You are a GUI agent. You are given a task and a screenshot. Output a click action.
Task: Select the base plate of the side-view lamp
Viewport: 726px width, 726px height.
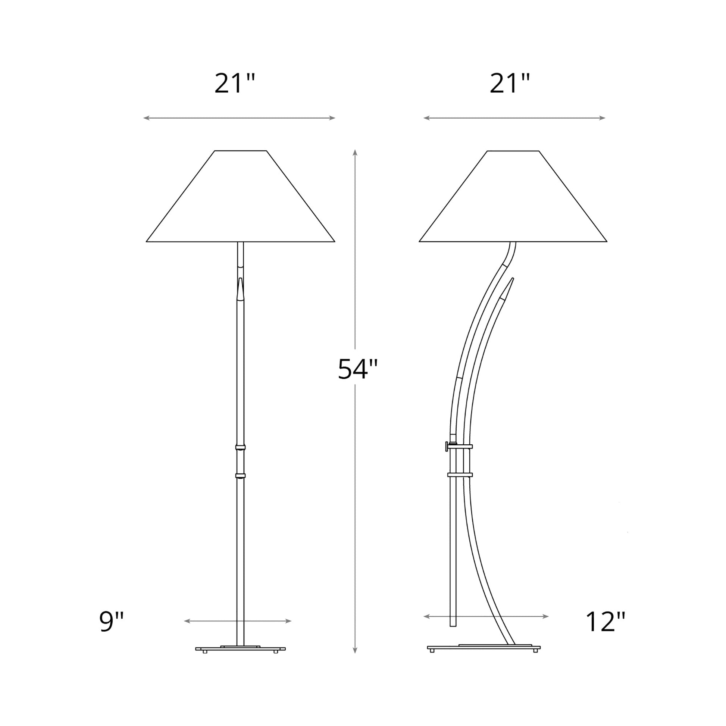click(484, 648)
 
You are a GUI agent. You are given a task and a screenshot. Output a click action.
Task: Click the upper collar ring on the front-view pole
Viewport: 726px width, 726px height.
click(241, 447)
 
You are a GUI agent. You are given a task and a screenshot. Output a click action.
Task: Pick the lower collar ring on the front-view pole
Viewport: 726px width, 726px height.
click(241, 476)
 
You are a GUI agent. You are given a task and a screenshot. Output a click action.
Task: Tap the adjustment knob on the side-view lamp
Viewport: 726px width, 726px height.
click(447, 447)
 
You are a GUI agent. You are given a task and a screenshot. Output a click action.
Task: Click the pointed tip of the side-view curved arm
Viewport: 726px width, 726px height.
click(512, 279)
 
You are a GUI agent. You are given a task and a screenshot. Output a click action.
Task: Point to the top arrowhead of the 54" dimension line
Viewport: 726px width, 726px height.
click(355, 152)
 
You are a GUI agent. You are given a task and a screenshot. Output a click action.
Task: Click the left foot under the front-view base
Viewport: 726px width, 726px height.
click(205, 652)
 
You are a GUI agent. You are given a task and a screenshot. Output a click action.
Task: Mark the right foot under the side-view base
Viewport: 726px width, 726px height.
click(535, 651)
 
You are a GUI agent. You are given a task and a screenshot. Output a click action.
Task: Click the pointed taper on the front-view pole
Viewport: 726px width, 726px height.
click(241, 288)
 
